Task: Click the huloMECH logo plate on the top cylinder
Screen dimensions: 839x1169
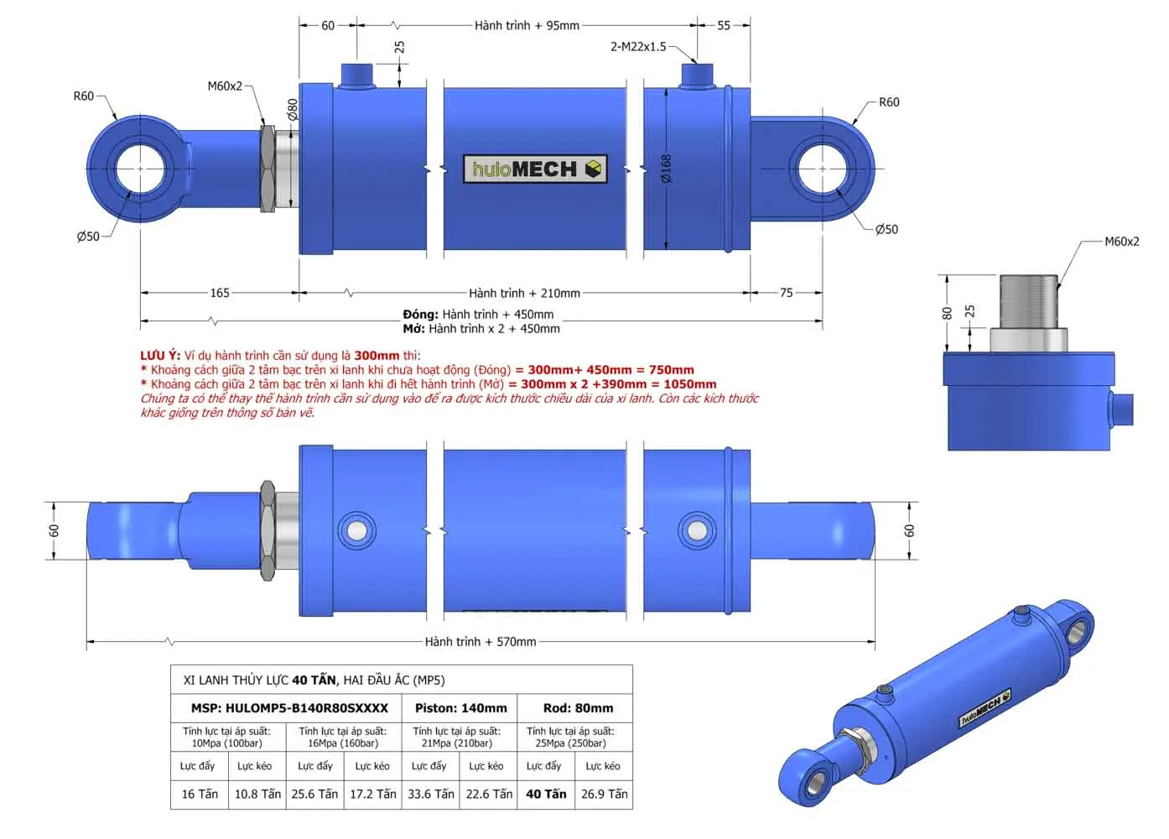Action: (534, 169)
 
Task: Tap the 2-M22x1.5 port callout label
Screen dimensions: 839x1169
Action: (637, 47)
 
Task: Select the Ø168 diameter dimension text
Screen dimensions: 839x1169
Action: (666, 168)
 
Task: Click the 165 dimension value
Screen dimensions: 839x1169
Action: (219, 293)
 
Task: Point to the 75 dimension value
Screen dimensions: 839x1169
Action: (786, 293)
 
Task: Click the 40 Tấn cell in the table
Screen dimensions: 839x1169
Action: (546, 794)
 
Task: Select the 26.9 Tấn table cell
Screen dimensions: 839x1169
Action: (604, 794)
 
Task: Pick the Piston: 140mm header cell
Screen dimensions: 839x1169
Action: (460, 708)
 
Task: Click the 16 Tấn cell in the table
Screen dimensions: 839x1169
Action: (200, 794)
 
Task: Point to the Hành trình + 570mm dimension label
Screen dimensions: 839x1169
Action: (480, 642)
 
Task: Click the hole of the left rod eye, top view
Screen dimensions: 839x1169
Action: (140, 169)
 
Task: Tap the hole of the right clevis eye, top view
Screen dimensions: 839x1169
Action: (822, 169)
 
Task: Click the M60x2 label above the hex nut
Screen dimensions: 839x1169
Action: (225, 86)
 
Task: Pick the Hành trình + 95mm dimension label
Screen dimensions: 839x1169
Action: (526, 26)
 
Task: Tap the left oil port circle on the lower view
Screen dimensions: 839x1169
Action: (356, 530)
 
